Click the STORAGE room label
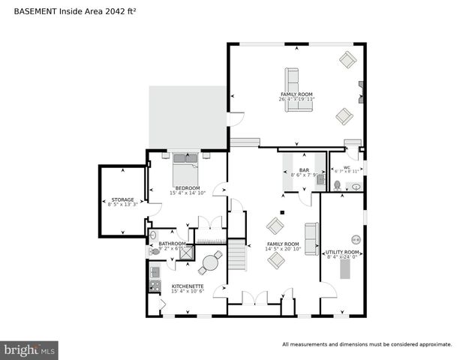tap(123, 199)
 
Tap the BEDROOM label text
tap(187, 187)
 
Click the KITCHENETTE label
tap(187, 286)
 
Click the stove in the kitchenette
tap(155, 286)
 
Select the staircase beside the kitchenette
tap(237, 255)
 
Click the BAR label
tap(304, 170)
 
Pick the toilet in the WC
tap(338, 184)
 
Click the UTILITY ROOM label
tap(342, 252)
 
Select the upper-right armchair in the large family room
tap(347, 60)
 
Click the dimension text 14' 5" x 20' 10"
tap(283, 249)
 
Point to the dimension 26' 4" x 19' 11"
tap(297, 98)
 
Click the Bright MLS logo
tap(29, 349)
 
